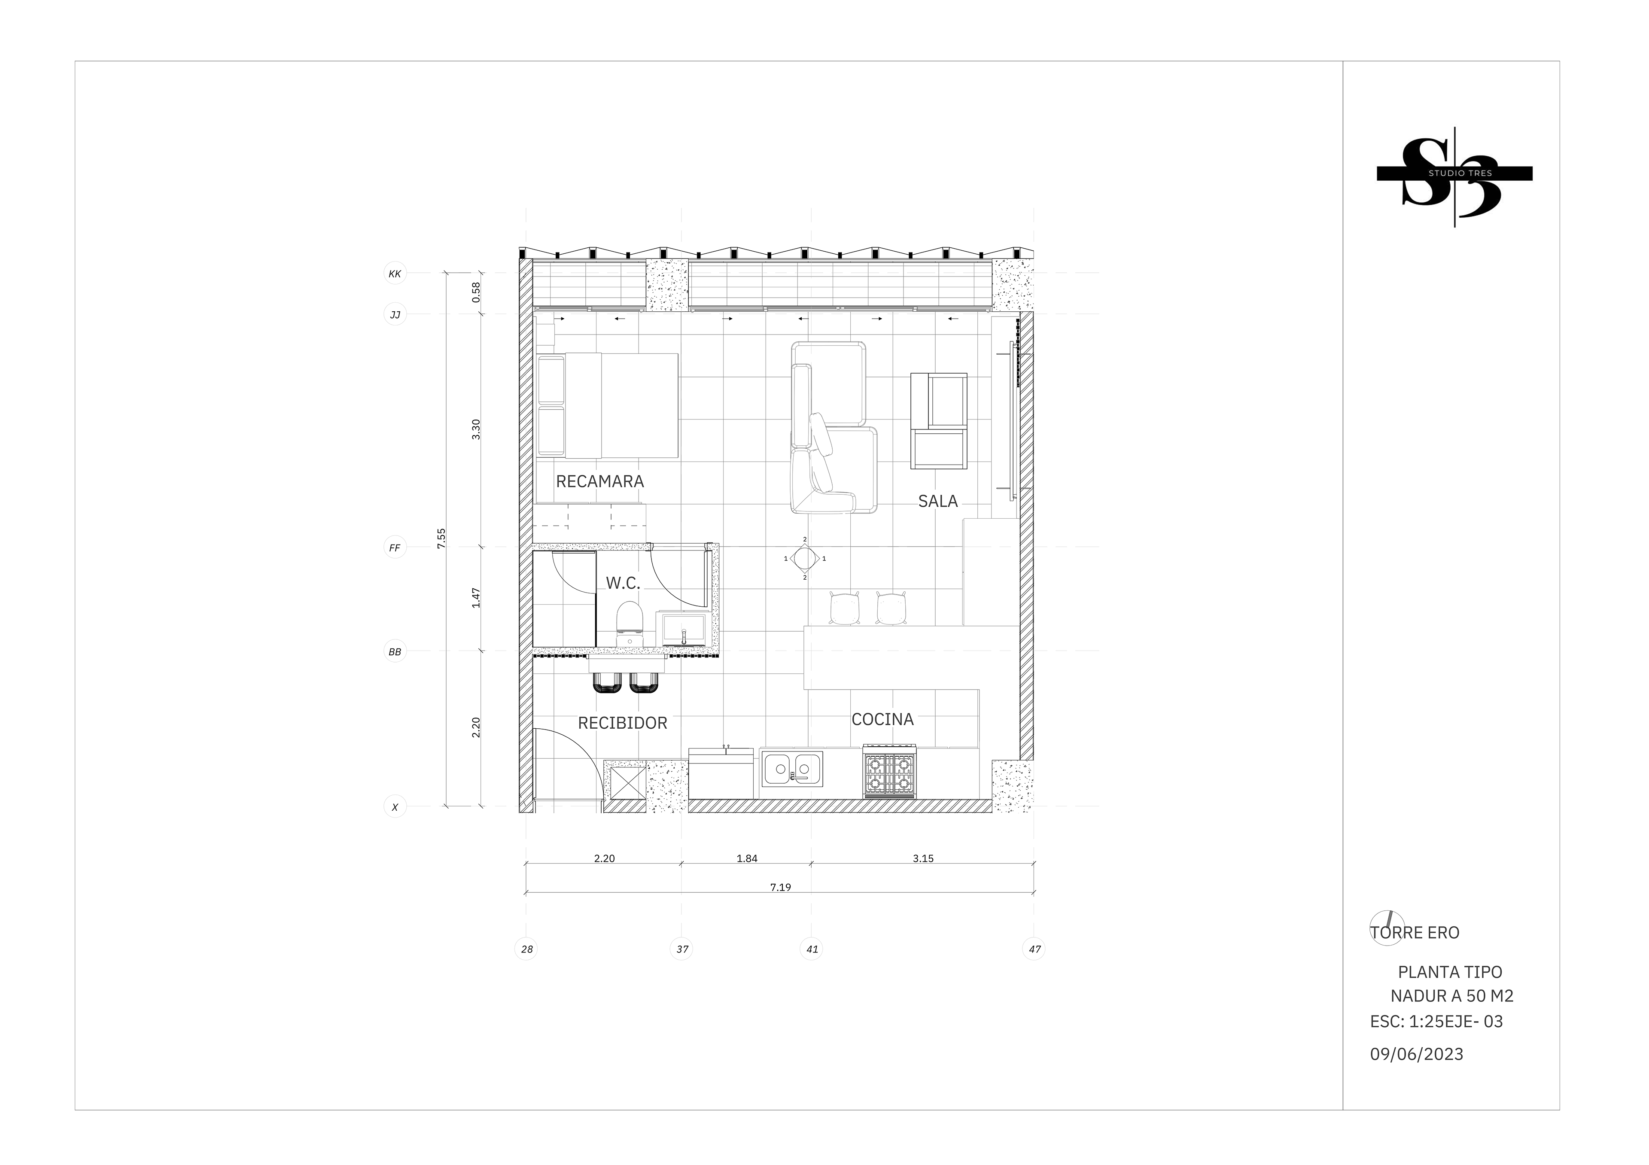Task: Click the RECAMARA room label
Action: pyautogui.click(x=600, y=481)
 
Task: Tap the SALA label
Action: pyautogui.click(x=938, y=501)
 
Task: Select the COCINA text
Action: pyautogui.click(x=882, y=719)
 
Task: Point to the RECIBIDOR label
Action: pyautogui.click(x=623, y=723)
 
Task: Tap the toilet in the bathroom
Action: pyautogui.click(x=630, y=624)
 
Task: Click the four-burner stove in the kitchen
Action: pyautogui.click(x=890, y=771)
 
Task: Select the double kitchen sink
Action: pyautogui.click(x=793, y=769)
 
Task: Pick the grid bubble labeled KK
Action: pyautogui.click(x=395, y=274)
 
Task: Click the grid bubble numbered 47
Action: pyautogui.click(x=1034, y=949)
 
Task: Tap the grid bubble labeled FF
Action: pyautogui.click(x=395, y=548)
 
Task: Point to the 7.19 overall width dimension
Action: pyautogui.click(x=781, y=887)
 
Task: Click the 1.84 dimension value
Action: pyautogui.click(x=747, y=858)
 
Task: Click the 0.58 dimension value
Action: pyautogui.click(x=476, y=292)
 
